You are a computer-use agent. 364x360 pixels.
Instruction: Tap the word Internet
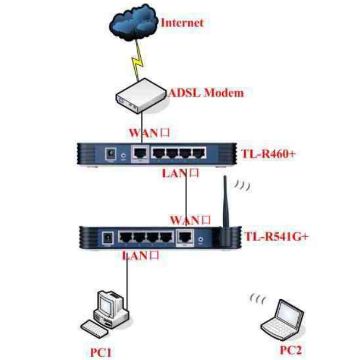[182, 22]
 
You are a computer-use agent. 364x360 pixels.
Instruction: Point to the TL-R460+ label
[268, 154]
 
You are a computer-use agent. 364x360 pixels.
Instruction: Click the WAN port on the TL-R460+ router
[141, 153]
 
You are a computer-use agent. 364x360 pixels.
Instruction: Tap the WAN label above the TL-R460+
[147, 133]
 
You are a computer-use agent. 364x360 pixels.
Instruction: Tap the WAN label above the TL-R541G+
[190, 219]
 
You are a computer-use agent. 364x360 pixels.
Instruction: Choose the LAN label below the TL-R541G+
[140, 255]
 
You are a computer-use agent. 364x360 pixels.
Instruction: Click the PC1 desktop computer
[109, 312]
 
